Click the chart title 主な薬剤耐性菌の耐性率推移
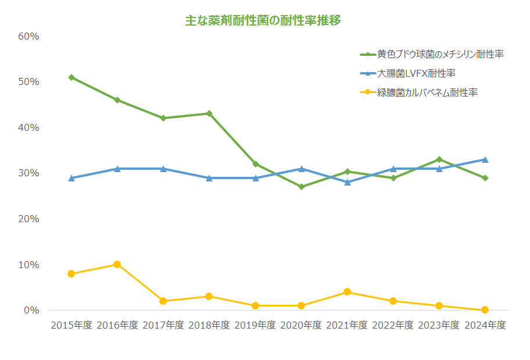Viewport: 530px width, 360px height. click(x=263, y=20)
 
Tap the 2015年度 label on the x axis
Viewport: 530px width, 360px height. click(x=71, y=325)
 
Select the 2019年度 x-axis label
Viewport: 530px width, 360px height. click(x=255, y=325)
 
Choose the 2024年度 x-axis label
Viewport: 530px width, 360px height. click(x=485, y=325)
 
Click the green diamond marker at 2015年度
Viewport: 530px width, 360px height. click(x=71, y=77)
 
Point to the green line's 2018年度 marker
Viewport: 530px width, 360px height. click(x=209, y=113)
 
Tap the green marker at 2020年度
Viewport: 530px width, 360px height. click(x=301, y=187)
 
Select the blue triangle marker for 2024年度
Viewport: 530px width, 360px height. click(x=485, y=159)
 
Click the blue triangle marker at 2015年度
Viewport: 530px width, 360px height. click(x=71, y=178)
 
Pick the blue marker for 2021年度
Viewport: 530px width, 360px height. click(x=347, y=182)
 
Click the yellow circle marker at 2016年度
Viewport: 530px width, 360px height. click(x=117, y=265)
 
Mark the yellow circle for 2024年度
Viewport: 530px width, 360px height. click(x=485, y=310)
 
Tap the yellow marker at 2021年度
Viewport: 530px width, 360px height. click(x=347, y=292)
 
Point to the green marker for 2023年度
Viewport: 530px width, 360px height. click(x=439, y=159)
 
